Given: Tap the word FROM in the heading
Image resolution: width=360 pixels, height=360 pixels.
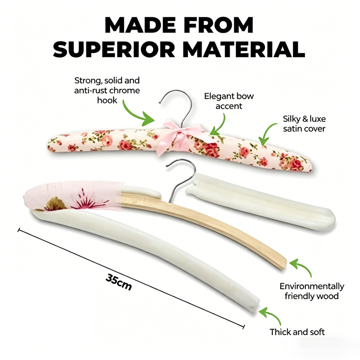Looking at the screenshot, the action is (218, 25).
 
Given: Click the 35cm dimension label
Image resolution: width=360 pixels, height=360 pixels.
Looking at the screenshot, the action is (119, 282).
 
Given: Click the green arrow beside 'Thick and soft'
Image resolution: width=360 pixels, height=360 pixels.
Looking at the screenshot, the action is (271, 315).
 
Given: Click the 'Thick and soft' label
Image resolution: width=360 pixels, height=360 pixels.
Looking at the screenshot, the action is (297, 332).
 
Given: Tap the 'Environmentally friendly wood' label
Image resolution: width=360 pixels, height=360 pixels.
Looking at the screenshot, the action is (312, 291).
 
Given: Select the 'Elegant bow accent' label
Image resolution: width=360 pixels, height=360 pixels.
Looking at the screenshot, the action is (229, 101).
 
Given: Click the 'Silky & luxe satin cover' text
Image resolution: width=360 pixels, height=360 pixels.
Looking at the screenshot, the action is (304, 124).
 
